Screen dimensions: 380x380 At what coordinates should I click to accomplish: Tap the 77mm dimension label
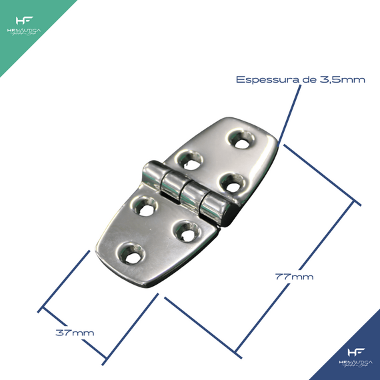[x=294, y=276]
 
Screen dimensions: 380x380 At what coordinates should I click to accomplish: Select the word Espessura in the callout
[x=264, y=79]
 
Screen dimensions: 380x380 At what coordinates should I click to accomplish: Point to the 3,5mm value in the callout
[x=342, y=79]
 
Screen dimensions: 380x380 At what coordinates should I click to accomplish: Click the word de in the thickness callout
[x=308, y=79]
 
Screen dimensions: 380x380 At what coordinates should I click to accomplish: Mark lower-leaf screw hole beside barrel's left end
[x=143, y=206]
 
